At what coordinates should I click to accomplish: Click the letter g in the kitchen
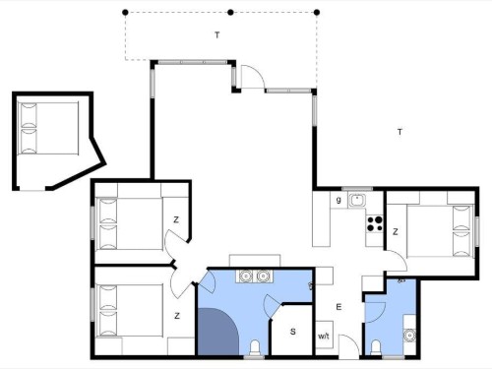tap(338, 200)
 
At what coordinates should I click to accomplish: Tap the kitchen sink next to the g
tap(357, 200)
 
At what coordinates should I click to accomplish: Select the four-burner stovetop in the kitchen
tap(375, 223)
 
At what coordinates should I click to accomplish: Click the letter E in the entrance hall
tap(338, 307)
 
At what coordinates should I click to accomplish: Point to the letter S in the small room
tap(293, 332)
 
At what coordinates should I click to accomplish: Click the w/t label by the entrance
tap(324, 337)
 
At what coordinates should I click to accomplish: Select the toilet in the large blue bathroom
tap(255, 347)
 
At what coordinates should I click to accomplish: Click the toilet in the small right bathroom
tap(375, 347)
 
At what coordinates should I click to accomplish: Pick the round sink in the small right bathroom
tap(409, 336)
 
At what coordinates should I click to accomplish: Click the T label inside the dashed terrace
tap(216, 35)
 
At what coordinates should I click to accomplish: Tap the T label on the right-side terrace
tap(400, 132)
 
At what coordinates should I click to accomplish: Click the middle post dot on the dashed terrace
tap(230, 13)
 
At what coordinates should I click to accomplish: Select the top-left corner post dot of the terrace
tap(125, 13)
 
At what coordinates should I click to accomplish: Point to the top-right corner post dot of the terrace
tap(317, 13)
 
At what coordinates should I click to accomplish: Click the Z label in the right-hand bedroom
tap(396, 232)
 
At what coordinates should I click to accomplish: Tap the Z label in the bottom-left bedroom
tap(177, 316)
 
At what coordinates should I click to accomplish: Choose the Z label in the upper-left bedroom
tap(176, 219)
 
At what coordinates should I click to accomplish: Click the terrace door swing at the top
tap(253, 77)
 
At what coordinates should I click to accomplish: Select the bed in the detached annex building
tap(48, 128)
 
